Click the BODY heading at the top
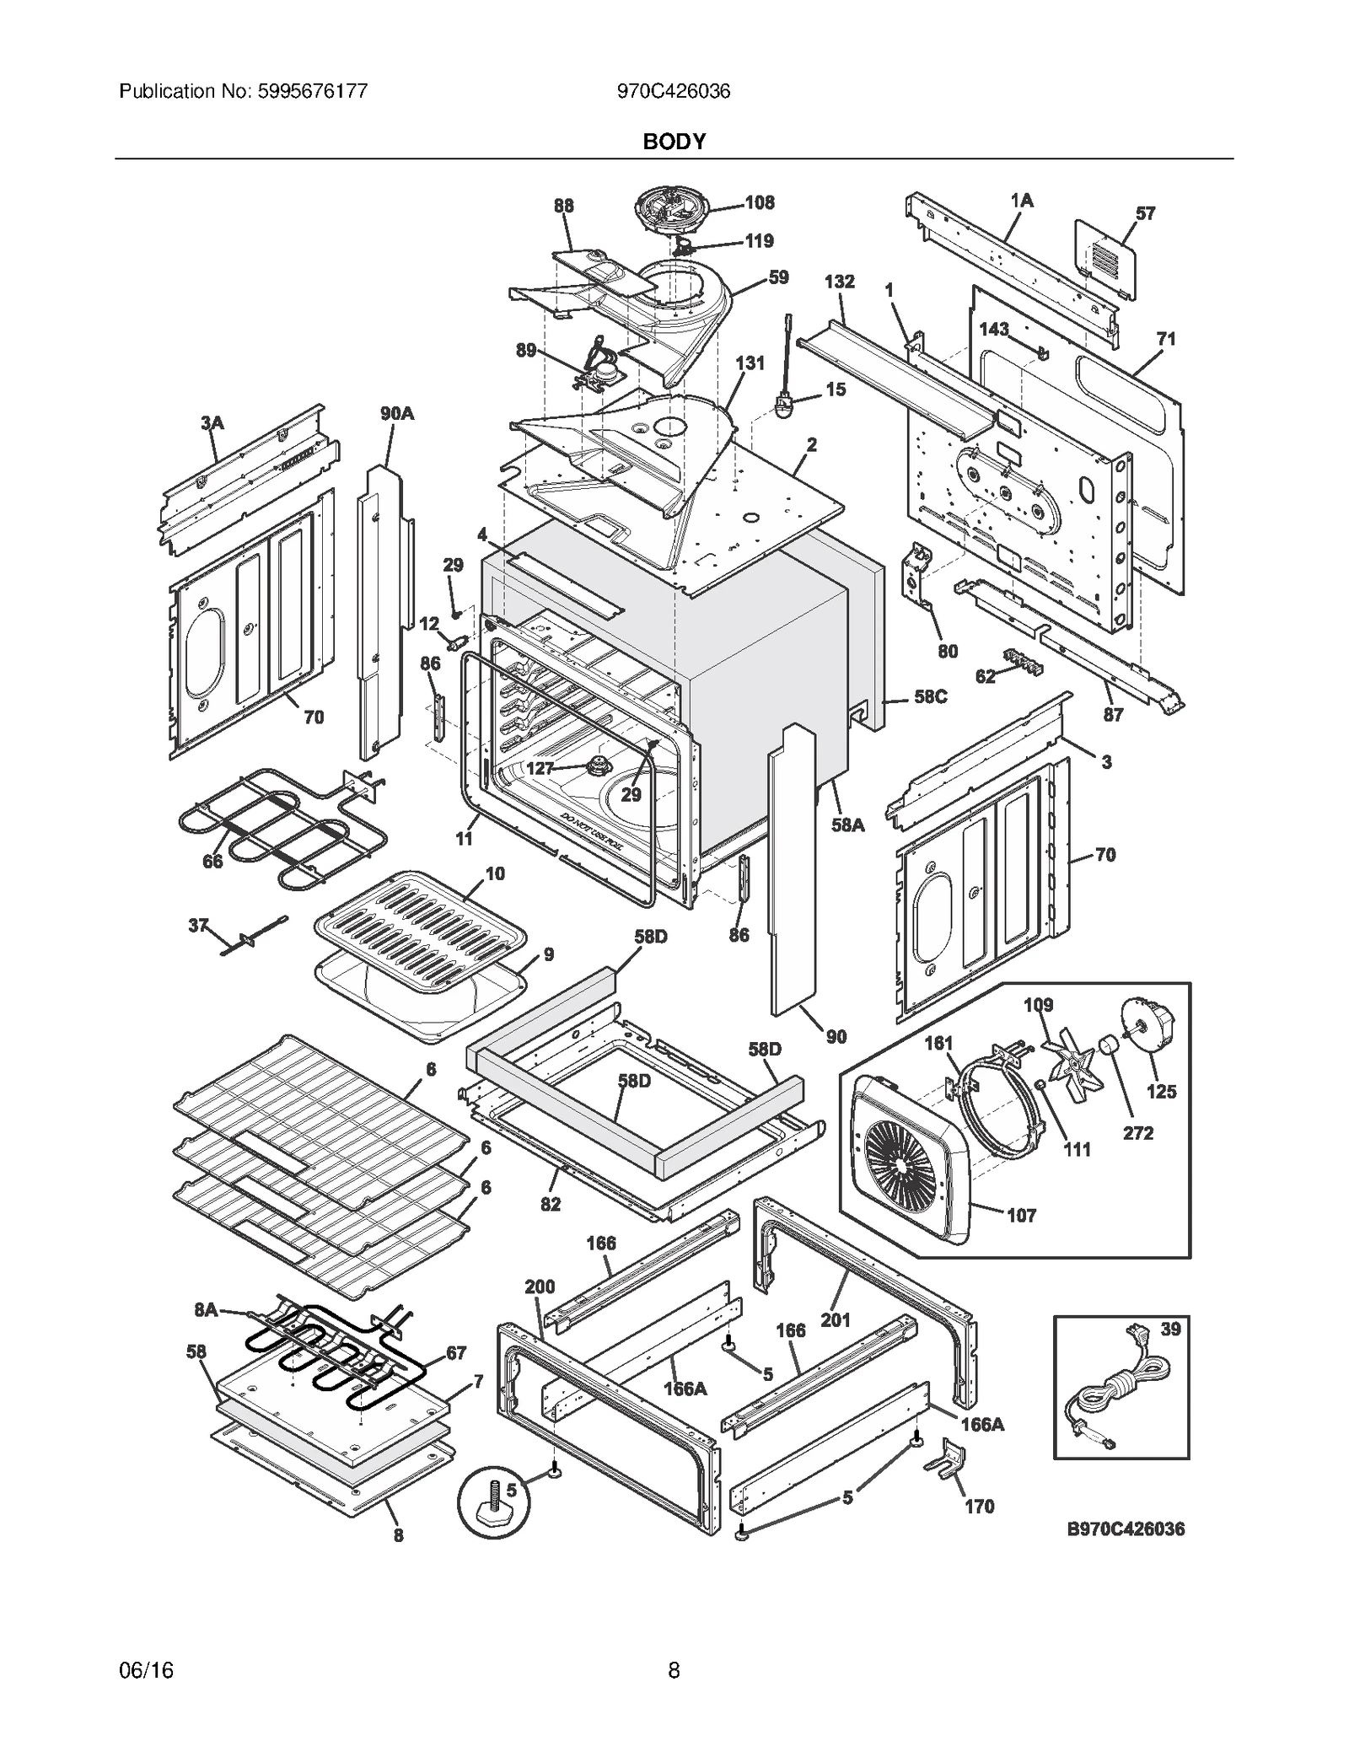click(674, 142)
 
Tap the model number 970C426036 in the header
click(673, 91)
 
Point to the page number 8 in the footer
click(674, 1669)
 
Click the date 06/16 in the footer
click(147, 1669)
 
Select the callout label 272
click(1137, 1132)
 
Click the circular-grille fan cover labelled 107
click(906, 1159)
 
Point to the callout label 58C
click(930, 697)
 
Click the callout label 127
click(540, 768)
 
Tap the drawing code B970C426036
click(1126, 1528)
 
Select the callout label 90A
click(396, 413)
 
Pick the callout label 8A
click(206, 1309)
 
